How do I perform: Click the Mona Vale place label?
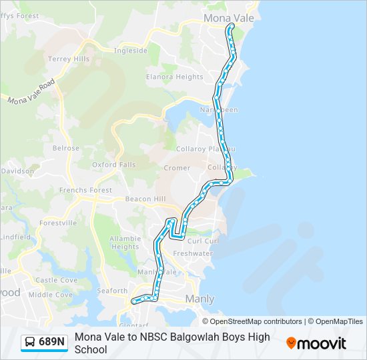tap(229, 19)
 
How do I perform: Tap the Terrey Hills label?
tap(68, 59)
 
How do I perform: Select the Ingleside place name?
tap(130, 51)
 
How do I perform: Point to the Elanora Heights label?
tap(175, 77)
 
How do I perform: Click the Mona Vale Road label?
tap(31, 92)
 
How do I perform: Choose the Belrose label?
tap(66, 149)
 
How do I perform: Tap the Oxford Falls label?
tap(113, 165)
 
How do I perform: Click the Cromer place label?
tap(177, 168)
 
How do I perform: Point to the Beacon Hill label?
tap(145, 199)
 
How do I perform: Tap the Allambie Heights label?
tap(125, 243)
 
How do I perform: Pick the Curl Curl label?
tap(203, 241)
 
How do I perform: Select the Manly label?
tap(200, 299)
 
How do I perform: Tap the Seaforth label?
tap(111, 291)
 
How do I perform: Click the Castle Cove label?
tap(56, 281)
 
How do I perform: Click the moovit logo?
tap(316, 343)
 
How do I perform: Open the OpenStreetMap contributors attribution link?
tap(257, 321)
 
